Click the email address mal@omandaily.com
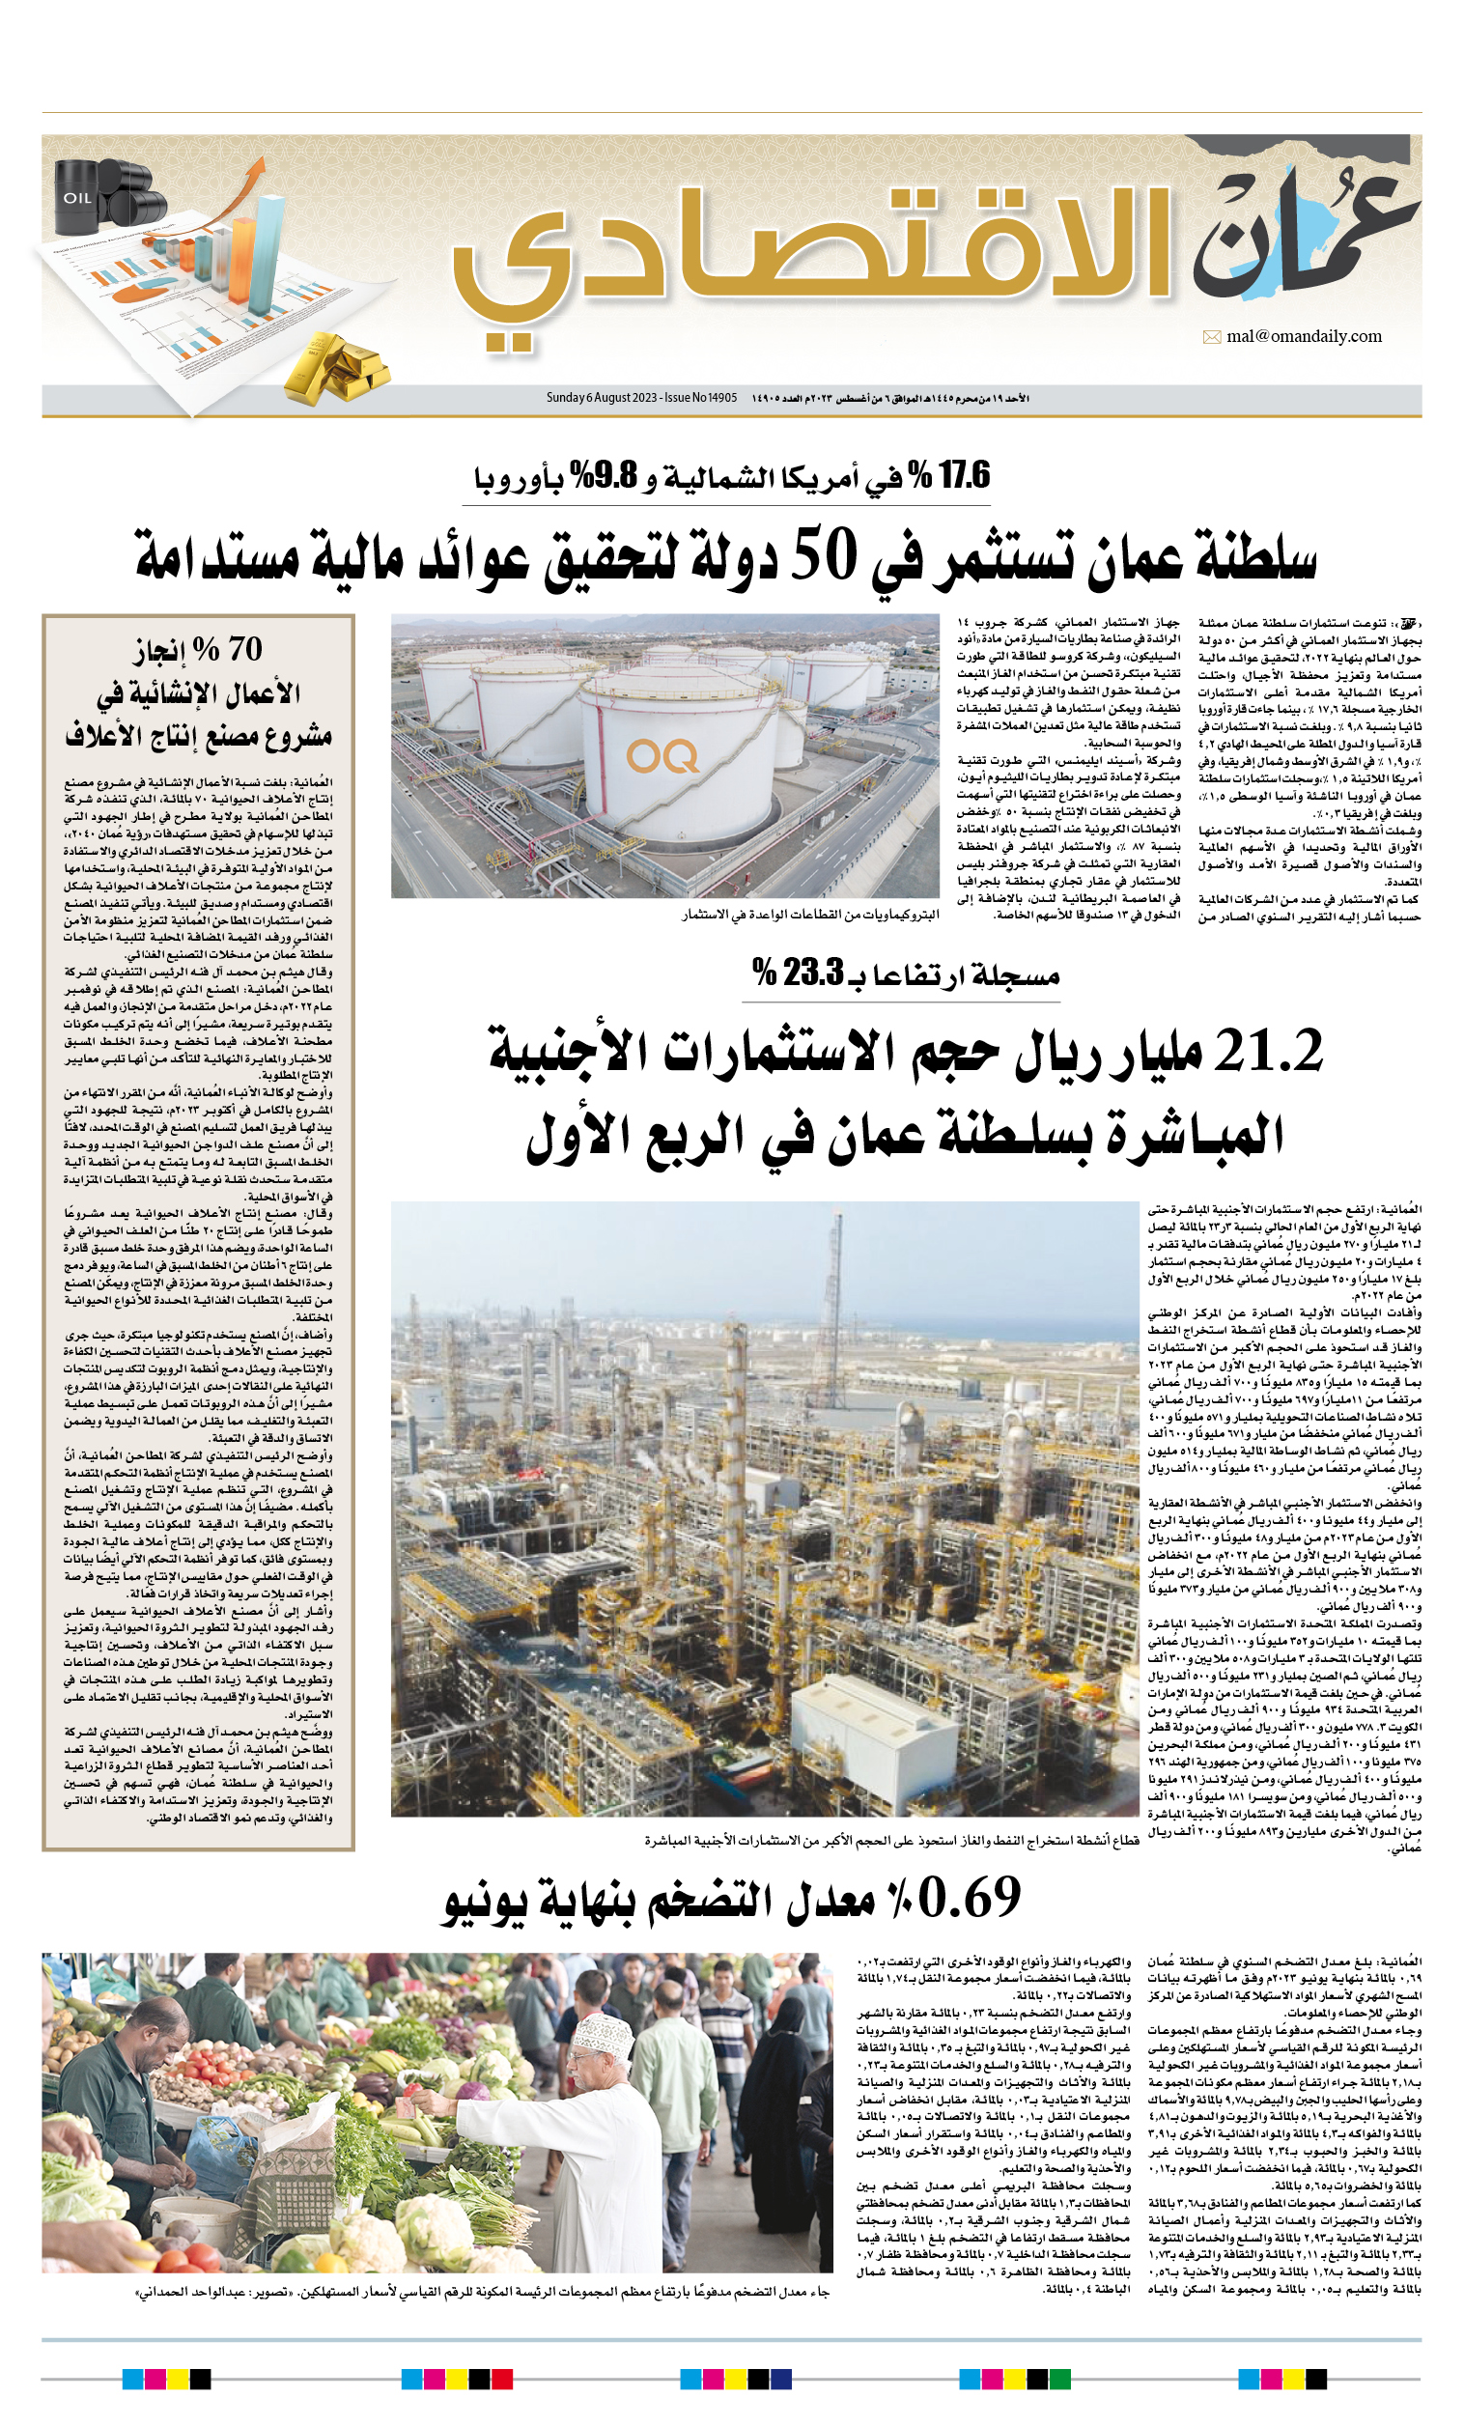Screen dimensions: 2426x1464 coord(1304,337)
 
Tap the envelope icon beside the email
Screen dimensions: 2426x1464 coord(1212,338)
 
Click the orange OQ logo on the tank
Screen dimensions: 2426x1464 coord(662,756)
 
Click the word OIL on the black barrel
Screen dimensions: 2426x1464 coord(78,198)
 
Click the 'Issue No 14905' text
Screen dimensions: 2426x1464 coord(700,398)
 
